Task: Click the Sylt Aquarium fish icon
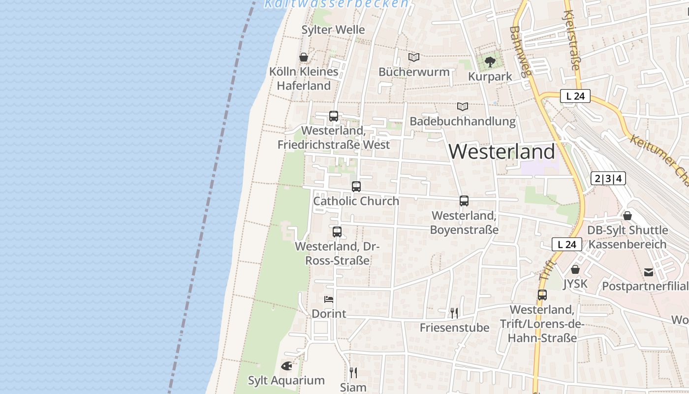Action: [x=286, y=366]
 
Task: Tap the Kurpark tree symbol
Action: [x=490, y=62]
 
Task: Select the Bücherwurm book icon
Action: [x=414, y=58]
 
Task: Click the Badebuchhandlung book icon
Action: [x=462, y=106]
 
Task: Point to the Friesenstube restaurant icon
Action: [x=454, y=313]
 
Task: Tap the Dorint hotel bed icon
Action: [x=329, y=299]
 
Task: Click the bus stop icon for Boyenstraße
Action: [x=464, y=201]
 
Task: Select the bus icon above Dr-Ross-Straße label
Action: [x=337, y=232]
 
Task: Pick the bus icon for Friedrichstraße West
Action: [x=334, y=117]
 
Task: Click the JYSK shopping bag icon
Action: [x=575, y=270]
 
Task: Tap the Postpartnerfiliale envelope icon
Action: [x=649, y=272]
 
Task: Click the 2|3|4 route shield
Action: [x=608, y=178]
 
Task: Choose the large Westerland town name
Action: [x=502, y=151]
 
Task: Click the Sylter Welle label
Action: [x=333, y=30]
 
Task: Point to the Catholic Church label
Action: [x=356, y=201]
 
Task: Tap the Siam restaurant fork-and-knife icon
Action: [x=353, y=373]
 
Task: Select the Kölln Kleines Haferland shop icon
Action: [x=304, y=58]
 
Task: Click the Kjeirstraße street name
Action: [x=571, y=39]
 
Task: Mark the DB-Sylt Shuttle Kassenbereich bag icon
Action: [x=627, y=216]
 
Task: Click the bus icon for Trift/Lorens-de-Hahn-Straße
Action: [x=542, y=295]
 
